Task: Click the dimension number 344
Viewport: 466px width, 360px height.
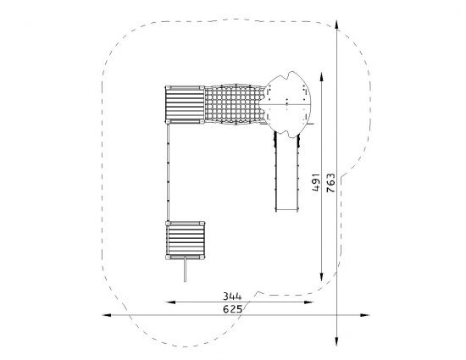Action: [x=232, y=296]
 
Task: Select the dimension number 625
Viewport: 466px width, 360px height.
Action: [x=233, y=309]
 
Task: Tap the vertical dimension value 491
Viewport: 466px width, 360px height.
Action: [x=316, y=182]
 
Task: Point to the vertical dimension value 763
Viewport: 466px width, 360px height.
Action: [x=330, y=183]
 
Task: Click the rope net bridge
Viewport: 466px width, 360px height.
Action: [x=234, y=104]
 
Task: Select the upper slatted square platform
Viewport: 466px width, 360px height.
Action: [x=185, y=104]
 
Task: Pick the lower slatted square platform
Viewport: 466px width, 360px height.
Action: [x=185, y=241]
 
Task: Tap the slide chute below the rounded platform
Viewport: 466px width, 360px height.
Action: [x=286, y=172]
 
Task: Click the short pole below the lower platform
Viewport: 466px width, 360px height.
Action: [x=186, y=270]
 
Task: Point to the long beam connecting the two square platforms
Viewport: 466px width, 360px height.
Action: [x=168, y=172]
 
